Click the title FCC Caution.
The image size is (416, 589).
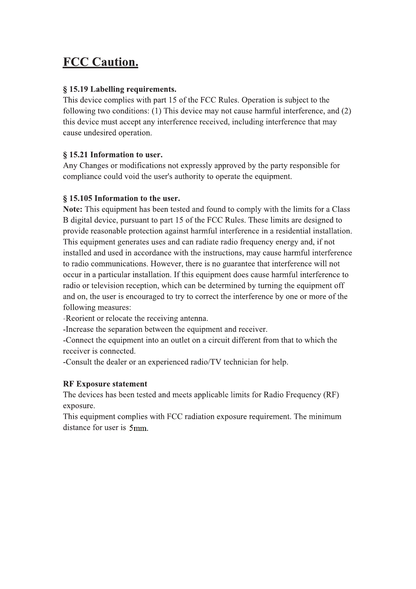click(100, 62)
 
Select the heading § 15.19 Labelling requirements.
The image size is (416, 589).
click(119, 89)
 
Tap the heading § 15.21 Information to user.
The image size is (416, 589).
click(113, 155)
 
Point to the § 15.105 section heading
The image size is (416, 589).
click(121, 198)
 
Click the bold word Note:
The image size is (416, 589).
click(72, 209)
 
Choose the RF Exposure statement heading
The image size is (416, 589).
click(105, 384)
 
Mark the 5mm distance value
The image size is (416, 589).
click(138, 428)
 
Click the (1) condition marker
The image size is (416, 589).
click(156, 111)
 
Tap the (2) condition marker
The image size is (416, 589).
click(346, 111)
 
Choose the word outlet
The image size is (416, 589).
click(180, 340)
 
